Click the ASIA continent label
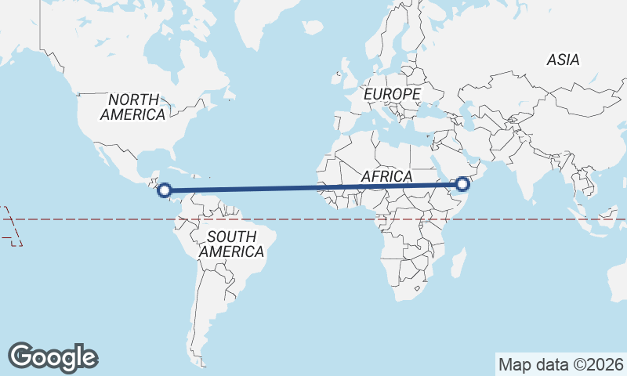pos(563,60)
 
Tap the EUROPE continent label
pos(393,94)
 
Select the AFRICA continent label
pos(386,176)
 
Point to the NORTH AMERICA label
pos(133,107)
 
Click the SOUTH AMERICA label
pos(231,244)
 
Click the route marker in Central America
pos(165,190)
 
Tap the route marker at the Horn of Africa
pos(462,184)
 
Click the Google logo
pos(53,357)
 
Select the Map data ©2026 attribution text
pos(560,364)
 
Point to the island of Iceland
pos(313,27)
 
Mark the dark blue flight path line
pos(313,187)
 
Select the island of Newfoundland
pos(230,94)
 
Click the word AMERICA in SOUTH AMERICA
pos(231,252)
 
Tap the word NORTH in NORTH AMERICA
pos(133,99)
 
